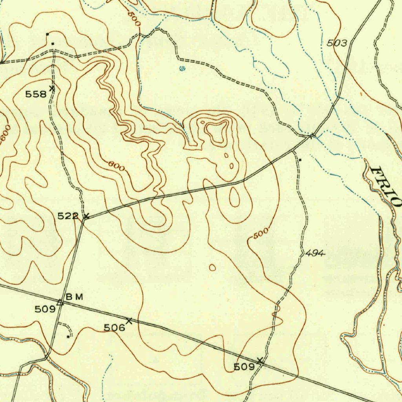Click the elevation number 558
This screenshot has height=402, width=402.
click(x=36, y=94)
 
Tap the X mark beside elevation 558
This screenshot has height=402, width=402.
click(x=52, y=89)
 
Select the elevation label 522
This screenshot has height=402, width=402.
click(x=68, y=216)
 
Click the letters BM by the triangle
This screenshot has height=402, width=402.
click(x=74, y=297)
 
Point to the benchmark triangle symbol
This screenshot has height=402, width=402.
click(x=60, y=302)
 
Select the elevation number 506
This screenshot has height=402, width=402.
click(x=114, y=327)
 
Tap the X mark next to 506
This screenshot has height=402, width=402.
click(x=129, y=321)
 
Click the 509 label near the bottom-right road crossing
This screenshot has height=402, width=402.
click(x=244, y=367)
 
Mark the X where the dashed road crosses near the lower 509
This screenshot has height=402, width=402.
click(x=259, y=360)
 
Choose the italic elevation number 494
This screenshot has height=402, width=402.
click(x=315, y=254)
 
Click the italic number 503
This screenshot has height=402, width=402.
click(x=337, y=43)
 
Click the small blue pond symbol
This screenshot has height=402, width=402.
click(x=182, y=69)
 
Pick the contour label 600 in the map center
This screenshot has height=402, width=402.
click(x=117, y=166)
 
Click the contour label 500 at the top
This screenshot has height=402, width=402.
click(x=134, y=18)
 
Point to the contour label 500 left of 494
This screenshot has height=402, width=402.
click(x=261, y=233)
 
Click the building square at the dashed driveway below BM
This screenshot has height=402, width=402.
click(x=68, y=336)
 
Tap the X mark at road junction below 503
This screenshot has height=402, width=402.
click(x=312, y=136)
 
